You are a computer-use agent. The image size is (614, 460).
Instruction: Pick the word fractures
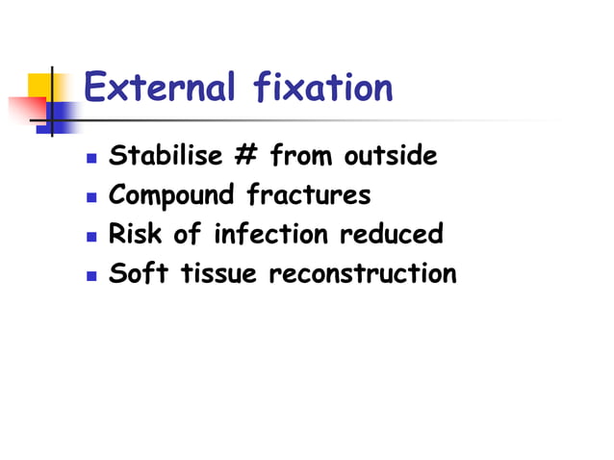[x=308, y=195]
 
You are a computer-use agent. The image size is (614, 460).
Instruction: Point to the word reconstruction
[x=363, y=274]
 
